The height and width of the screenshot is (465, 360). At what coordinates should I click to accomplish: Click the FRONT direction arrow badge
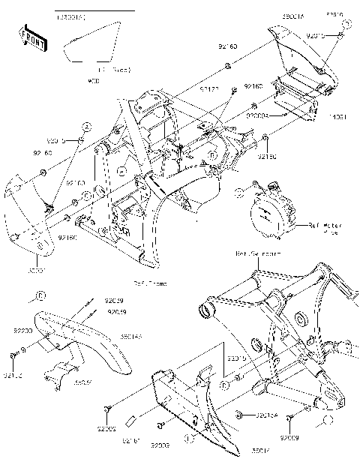pyautogui.click(x=31, y=39)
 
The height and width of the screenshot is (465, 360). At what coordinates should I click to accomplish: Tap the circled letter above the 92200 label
pyautogui.click(x=41, y=295)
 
